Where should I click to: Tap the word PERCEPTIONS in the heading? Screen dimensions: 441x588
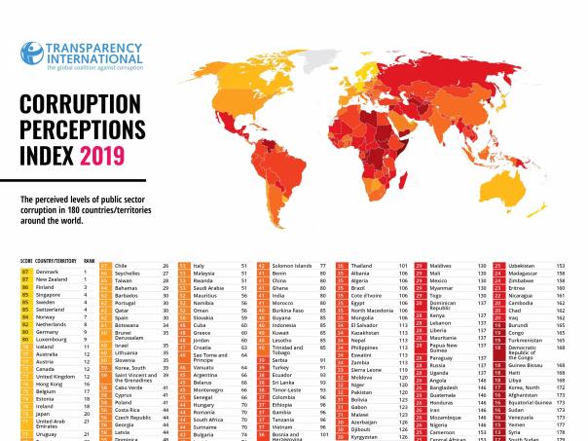(x=84, y=129)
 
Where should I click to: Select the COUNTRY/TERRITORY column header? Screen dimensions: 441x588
(x=56, y=261)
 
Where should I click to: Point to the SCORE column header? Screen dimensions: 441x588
(x=26, y=261)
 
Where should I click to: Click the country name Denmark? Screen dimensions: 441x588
(x=48, y=271)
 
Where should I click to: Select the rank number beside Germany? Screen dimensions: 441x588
(x=86, y=332)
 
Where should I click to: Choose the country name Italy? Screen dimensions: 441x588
(x=200, y=265)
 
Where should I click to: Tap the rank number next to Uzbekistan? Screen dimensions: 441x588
(x=561, y=265)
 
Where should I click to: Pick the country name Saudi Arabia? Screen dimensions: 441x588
(x=209, y=289)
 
